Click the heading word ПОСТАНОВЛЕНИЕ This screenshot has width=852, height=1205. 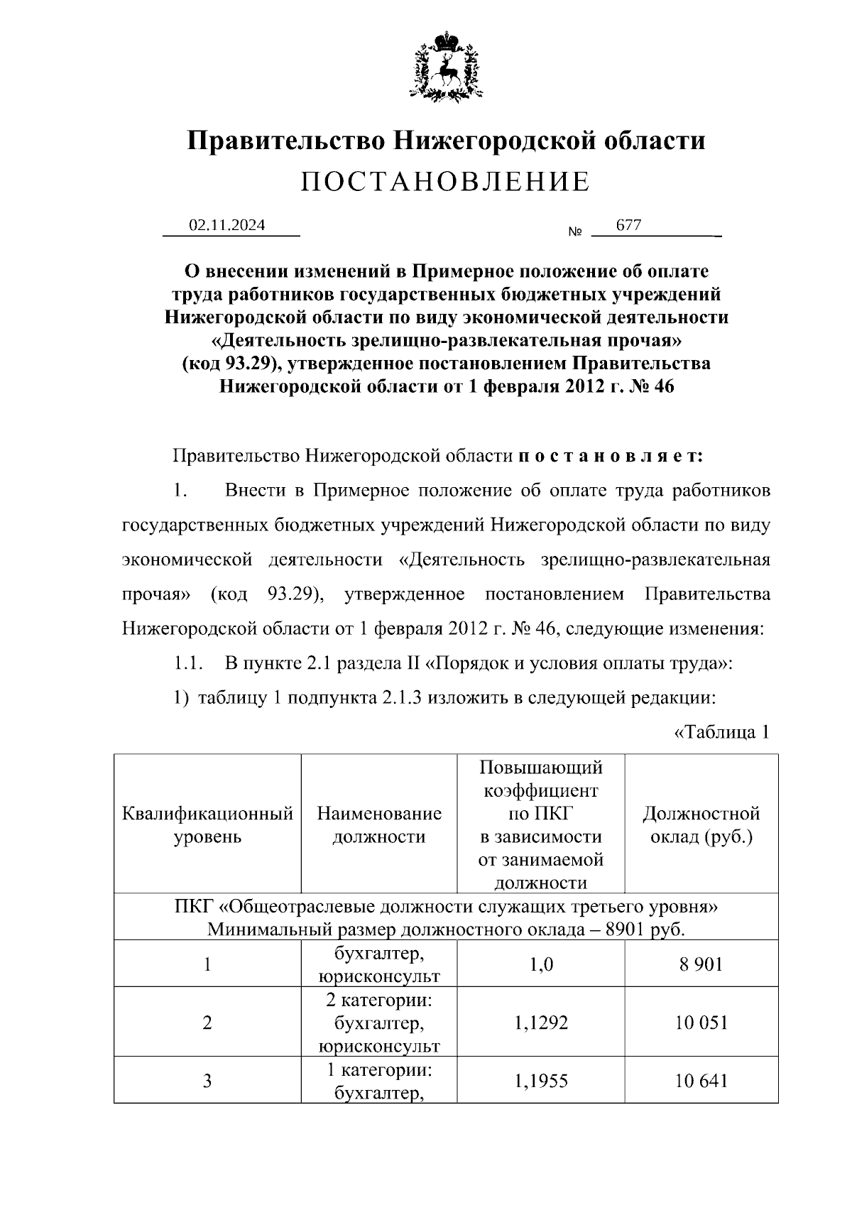click(445, 182)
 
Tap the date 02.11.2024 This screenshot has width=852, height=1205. click(226, 225)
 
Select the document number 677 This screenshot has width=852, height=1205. click(628, 225)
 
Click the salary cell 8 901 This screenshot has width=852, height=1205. click(701, 964)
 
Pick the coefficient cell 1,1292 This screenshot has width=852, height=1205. click(540, 1023)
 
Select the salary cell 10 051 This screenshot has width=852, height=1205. click(701, 1023)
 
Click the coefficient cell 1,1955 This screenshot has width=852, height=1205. click(540, 1081)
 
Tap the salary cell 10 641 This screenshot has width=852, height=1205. click(701, 1081)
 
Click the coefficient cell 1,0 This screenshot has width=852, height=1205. click(540, 964)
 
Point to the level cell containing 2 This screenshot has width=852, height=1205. click(207, 1023)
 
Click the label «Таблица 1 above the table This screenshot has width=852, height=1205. click(721, 732)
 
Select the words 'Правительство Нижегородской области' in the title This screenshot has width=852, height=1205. click(445, 140)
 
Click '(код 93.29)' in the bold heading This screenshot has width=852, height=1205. click(226, 364)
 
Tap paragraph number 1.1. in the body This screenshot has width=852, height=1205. click(189, 665)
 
